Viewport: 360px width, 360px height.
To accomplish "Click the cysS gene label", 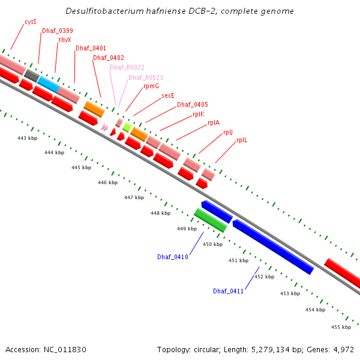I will pos(31,22).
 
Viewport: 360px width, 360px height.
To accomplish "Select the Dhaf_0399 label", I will pos(57,31).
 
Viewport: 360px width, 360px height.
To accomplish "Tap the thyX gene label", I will pos(65,40).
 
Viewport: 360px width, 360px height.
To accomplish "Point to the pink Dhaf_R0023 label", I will pos(145,77).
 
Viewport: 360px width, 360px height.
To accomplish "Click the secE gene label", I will pos(168,95).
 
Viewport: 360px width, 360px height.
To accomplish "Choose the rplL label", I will pos(242,140).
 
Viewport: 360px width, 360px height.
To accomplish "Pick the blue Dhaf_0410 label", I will pos(173,257).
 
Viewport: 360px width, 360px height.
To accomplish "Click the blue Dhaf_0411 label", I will pos(228,291).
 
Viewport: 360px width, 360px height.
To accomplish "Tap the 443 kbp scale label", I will pos(26,138).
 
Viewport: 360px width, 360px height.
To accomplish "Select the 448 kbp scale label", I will pos(160,213).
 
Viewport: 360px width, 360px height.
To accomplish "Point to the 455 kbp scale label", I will pos(341,327).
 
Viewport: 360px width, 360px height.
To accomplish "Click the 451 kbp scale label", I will pos(238,260).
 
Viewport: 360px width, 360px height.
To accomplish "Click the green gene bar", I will pos(210,220).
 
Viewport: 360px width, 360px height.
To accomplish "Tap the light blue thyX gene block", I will pos(49,85).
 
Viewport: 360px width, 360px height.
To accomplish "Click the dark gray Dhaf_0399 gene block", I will pos(32,76).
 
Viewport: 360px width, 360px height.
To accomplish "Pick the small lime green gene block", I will pos(127,127).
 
